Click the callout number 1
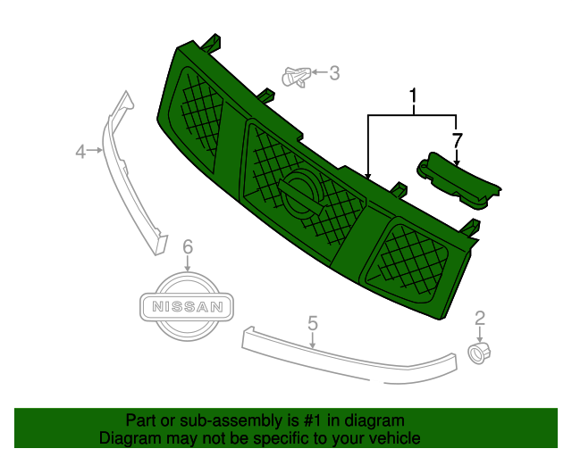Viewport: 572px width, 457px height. (x=414, y=95)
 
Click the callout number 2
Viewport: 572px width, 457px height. (x=480, y=317)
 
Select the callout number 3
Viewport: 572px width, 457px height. (x=334, y=73)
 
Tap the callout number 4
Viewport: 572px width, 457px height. (x=80, y=152)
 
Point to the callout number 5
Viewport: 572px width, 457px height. (x=313, y=321)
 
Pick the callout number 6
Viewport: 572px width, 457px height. (x=187, y=245)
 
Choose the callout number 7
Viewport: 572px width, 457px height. (x=457, y=140)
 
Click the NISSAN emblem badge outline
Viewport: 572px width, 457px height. (x=187, y=307)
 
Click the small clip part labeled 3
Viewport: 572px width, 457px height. (x=299, y=77)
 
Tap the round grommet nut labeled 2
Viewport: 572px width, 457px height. (x=481, y=354)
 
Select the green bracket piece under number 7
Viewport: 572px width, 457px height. (x=458, y=181)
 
